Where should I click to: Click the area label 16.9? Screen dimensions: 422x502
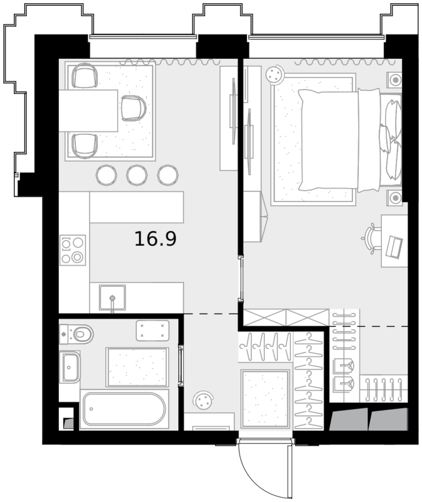coord(155,239)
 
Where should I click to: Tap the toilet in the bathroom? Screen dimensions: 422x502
coord(76,334)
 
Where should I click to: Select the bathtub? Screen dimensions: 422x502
coord(124,409)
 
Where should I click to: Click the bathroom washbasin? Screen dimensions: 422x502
coord(70,367)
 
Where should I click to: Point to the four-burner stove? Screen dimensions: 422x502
coord(73,250)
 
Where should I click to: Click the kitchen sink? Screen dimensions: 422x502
coord(112,297)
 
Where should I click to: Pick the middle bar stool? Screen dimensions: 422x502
coord(137,175)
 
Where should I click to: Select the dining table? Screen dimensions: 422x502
coord(88,111)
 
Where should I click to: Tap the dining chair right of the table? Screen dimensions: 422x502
coord(134,108)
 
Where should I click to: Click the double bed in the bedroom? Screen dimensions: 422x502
coord(349,140)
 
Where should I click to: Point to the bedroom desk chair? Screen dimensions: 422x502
coord(372,238)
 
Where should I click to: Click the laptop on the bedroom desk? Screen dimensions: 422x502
coord(395,247)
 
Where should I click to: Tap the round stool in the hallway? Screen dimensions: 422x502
coord(203,400)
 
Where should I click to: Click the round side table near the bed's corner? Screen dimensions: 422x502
coord(275,75)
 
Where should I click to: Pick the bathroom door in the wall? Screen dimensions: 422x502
coord(181,366)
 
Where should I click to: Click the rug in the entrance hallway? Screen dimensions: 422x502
coord(265,398)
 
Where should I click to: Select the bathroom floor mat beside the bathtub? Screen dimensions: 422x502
coord(137,367)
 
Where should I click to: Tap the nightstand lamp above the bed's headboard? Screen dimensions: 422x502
coord(396,80)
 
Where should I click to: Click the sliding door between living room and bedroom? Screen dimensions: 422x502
coord(241,279)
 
